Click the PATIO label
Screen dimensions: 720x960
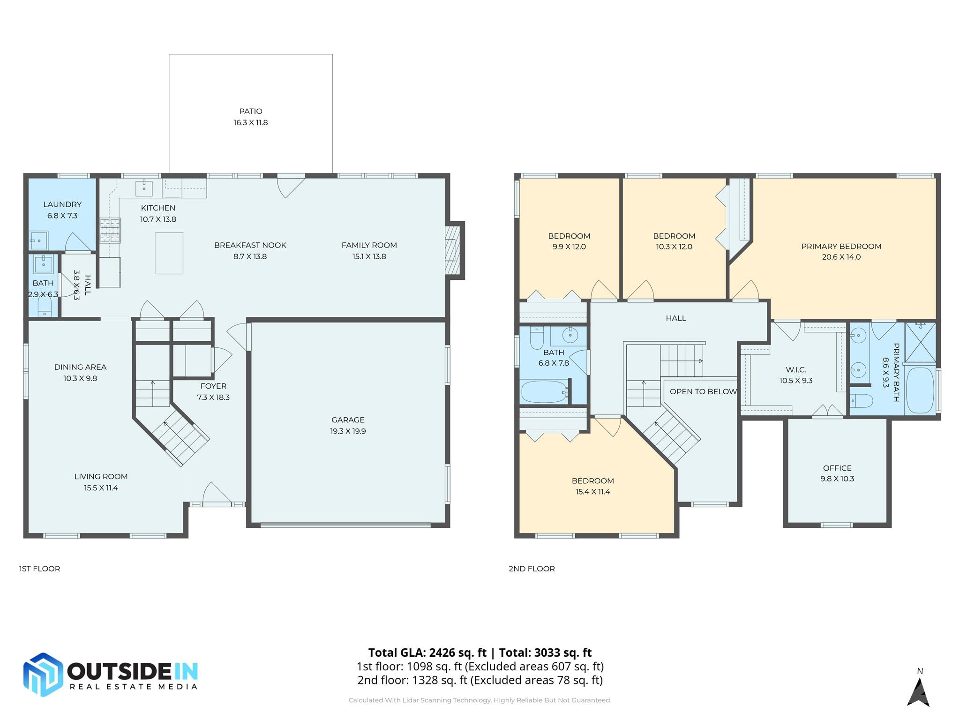tap(250, 111)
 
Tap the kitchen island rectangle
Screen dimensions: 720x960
tap(169, 253)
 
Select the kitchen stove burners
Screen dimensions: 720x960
tap(110, 231)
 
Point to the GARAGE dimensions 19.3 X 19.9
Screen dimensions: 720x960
tap(348, 431)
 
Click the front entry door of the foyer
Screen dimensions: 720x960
tap(217, 497)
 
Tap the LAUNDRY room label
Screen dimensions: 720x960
tap(62, 204)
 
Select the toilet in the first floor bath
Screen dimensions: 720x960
tap(45, 308)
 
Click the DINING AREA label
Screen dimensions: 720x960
tap(80, 367)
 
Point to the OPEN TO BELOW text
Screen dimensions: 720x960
tap(703, 391)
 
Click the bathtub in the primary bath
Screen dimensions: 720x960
tap(920, 390)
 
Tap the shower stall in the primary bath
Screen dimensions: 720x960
tap(920, 342)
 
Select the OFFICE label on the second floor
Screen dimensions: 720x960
tap(837, 468)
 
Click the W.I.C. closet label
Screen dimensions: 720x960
tap(796, 370)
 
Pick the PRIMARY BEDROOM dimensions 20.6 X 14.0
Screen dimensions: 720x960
tap(841, 257)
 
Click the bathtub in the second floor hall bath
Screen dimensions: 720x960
tap(544, 392)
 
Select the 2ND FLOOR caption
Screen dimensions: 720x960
tap(532, 569)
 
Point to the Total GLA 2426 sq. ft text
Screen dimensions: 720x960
tap(427, 652)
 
